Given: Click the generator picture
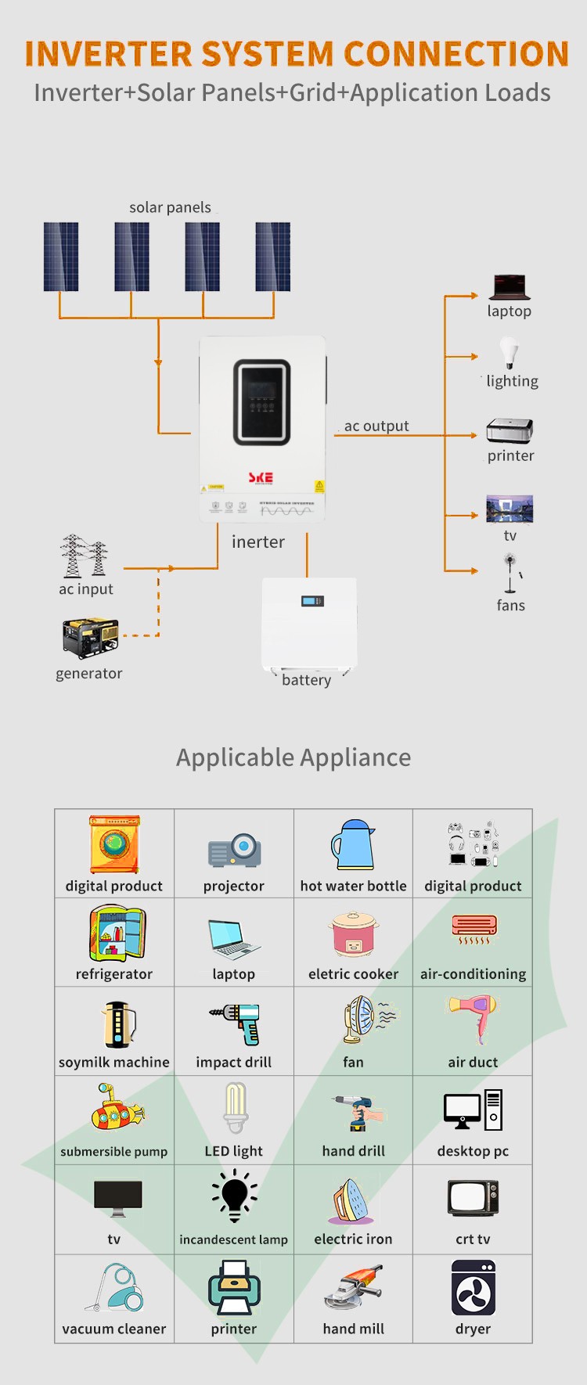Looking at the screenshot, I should [90, 638].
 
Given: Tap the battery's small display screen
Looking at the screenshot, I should [312, 601].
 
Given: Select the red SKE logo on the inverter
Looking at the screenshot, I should [261, 477].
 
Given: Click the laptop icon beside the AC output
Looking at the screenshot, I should [510, 287].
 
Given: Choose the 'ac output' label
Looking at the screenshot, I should [376, 426].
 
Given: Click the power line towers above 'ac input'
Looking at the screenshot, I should [85, 555].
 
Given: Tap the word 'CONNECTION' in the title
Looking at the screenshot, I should [456, 53].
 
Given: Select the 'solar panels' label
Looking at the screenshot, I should [170, 207].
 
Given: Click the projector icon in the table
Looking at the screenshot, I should [234, 851].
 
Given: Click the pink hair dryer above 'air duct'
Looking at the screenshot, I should [474, 1018].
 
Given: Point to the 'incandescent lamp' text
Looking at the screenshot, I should [233, 1239].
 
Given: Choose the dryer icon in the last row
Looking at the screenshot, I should [473, 1287].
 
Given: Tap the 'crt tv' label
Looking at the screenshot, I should [473, 1239].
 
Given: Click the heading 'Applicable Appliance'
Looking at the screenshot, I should [293, 757].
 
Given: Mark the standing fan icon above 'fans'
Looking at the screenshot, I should [511, 574].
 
